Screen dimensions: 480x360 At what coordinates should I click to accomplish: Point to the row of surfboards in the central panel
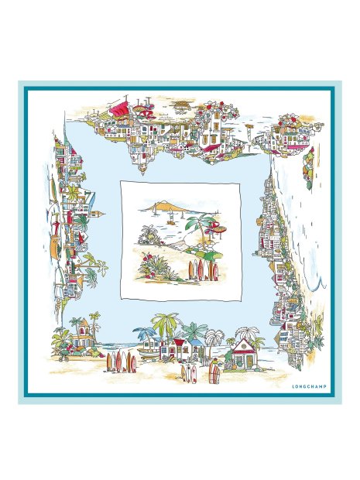click(198, 270)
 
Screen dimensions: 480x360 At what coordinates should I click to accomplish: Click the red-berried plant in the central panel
click(152, 263)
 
